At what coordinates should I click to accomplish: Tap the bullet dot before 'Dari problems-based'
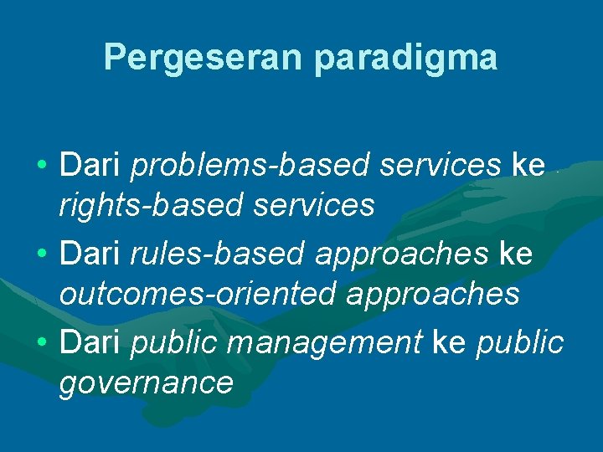click(41, 166)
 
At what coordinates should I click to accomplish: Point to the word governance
click(145, 383)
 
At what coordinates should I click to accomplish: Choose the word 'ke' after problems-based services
click(528, 166)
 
